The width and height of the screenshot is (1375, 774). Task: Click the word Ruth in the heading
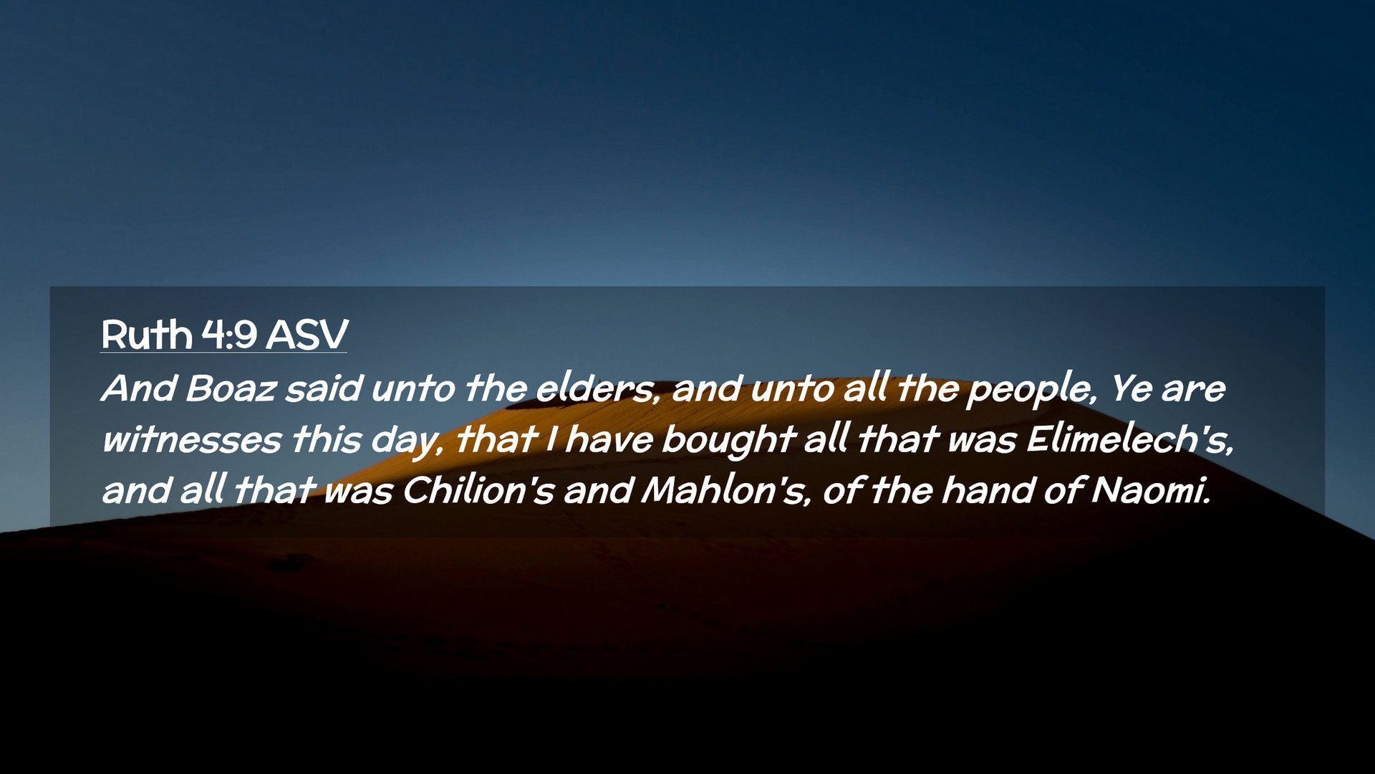[x=147, y=335]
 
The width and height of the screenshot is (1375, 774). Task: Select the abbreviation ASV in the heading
[x=307, y=335]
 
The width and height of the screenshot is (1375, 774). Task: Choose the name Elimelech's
[x=1129, y=439]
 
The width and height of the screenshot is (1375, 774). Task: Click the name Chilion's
[x=478, y=491]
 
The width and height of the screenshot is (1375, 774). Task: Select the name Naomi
[x=1150, y=491]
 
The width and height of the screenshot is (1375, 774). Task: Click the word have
[x=609, y=440]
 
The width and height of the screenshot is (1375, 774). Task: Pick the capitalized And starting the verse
[x=139, y=389]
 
